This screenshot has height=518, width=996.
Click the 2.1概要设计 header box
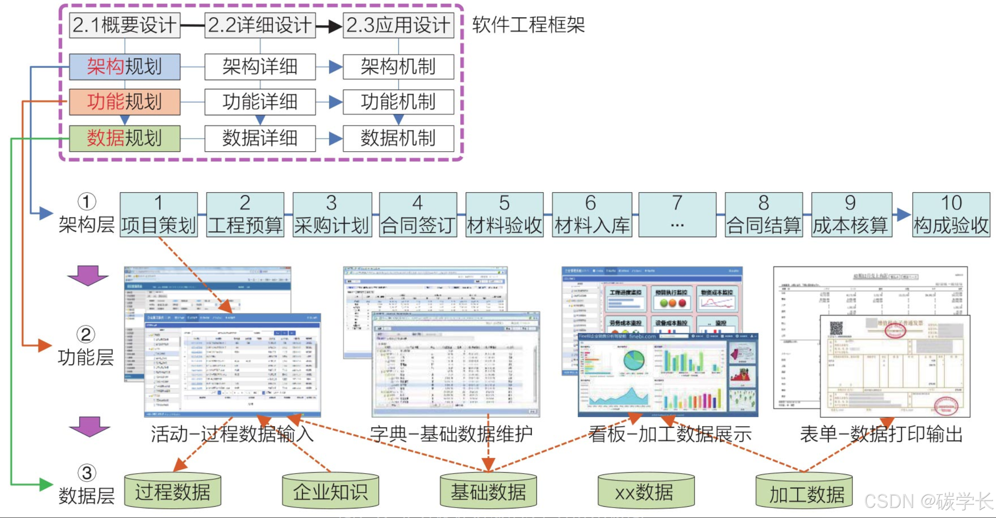click(125, 25)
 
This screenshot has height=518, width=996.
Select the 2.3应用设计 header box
click(398, 25)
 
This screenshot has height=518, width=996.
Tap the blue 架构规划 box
click(125, 67)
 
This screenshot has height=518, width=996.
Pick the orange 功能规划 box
click(125, 102)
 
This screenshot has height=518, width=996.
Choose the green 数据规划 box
click(125, 139)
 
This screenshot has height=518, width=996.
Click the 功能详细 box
click(260, 102)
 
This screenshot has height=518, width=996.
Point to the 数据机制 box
click(398, 139)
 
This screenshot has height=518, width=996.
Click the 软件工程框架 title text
click(528, 25)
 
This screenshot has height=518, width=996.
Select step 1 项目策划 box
click(159, 215)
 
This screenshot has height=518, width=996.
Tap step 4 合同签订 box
click(418, 215)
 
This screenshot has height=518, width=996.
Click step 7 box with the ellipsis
click(677, 215)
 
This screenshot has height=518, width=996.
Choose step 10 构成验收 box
click(951, 215)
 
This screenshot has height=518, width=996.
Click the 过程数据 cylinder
click(172, 491)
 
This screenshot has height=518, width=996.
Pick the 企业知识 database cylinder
click(330, 491)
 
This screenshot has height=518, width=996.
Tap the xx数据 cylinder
click(646, 491)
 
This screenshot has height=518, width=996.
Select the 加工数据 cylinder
click(804, 492)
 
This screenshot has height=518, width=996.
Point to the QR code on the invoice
click(836, 328)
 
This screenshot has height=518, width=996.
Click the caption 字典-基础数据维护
click(451, 434)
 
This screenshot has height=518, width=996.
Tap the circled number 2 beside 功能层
click(86, 335)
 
